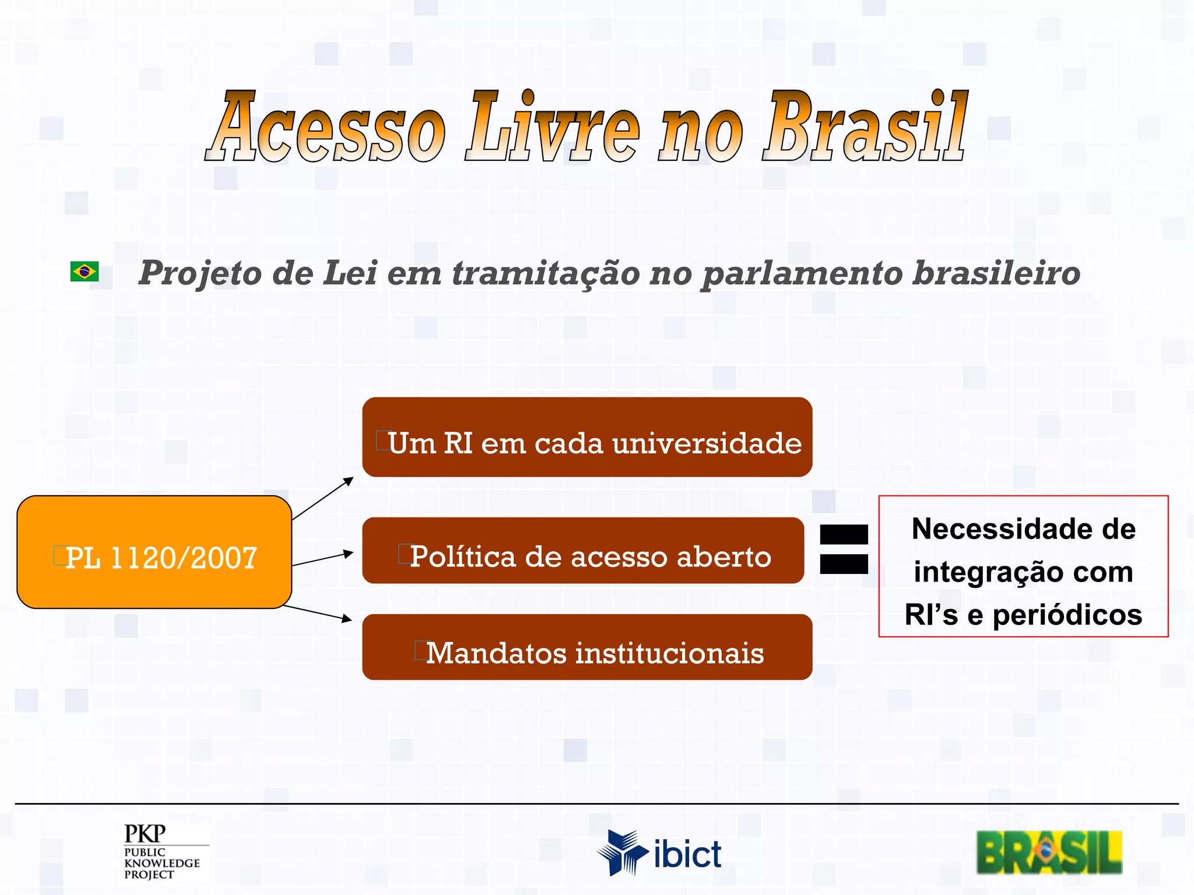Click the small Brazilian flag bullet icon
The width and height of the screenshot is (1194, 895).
(85, 272)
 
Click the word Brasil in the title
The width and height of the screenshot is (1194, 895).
(865, 127)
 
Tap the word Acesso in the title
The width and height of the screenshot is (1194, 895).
(326, 127)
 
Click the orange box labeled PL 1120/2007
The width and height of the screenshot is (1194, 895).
(154, 552)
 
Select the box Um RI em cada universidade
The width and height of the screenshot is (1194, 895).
(587, 437)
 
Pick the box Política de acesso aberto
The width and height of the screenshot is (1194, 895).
(583, 551)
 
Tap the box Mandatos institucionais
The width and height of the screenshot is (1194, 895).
(587, 647)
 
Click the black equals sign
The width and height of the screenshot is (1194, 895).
(844, 549)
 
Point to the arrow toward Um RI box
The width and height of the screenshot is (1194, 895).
(323, 498)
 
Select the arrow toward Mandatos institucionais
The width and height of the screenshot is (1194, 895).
(318, 613)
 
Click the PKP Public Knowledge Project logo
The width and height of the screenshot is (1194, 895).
(163, 851)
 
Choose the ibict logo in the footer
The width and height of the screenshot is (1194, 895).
(659, 853)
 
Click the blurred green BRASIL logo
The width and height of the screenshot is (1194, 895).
(1049, 852)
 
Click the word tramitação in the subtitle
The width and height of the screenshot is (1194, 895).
(546, 273)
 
